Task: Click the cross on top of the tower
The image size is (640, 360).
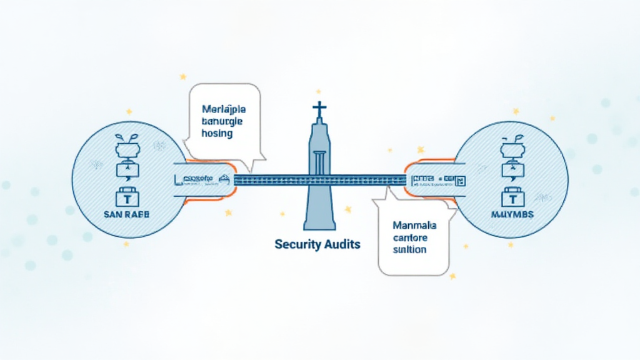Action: (x=319, y=109)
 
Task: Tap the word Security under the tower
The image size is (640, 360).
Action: (x=297, y=244)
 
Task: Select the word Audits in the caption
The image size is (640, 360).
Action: (x=341, y=244)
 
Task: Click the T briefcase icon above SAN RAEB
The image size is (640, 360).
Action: (x=127, y=197)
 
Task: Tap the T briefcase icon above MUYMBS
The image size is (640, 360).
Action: (x=512, y=197)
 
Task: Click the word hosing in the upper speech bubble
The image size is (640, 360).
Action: (x=217, y=133)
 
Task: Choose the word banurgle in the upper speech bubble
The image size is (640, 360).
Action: (x=222, y=121)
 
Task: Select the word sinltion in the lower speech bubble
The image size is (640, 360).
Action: (x=410, y=249)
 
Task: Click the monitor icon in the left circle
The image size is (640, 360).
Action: (x=127, y=171)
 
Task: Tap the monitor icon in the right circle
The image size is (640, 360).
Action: (x=512, y=171)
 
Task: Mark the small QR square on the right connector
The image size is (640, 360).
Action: (x=461, y=181)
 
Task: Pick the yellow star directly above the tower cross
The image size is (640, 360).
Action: (x=319, y=91)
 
